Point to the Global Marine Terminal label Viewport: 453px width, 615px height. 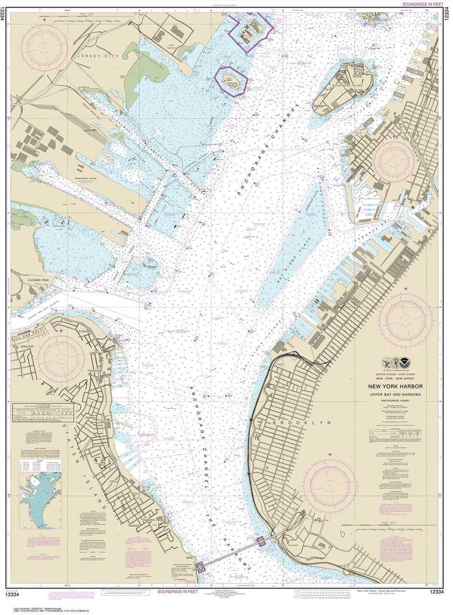pos(86,178)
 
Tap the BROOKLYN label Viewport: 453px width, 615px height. pos(297,422)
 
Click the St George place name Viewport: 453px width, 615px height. pos(85,331)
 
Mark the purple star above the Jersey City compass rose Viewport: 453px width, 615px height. pos(45,20)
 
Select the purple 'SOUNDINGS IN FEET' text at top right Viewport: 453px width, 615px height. pos(416,4)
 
